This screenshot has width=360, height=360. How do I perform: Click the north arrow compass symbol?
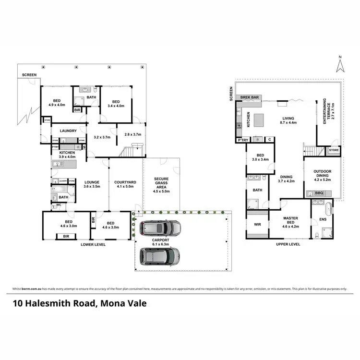(340, 64)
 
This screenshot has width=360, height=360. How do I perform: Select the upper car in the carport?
(160, 228)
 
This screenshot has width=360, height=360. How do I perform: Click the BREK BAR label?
(250, 97)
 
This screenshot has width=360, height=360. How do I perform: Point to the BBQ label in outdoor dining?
(318, 193)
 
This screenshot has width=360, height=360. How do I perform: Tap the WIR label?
(257, 224)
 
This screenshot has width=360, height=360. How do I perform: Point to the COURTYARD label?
(125, 182)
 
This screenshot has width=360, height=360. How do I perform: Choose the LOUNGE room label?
(91, 182)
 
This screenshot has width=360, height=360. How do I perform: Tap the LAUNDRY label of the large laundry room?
(69, 131)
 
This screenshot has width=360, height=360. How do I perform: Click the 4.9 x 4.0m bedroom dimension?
(57, 105)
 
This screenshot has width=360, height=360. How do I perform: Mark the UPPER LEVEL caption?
(288, 244)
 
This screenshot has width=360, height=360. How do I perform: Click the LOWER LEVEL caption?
(93, 244)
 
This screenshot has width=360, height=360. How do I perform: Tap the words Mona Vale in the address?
(125, 303)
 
